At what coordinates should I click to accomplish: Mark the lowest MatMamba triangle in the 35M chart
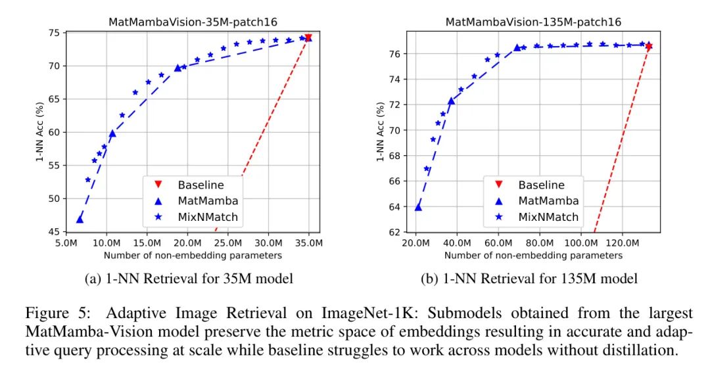pyautogui.click(x=80, y=220)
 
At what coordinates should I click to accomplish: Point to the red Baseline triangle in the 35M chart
pyautogui.click(x=308, y=37)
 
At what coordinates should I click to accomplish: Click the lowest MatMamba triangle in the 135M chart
pyautogui.click(x=418, y=207)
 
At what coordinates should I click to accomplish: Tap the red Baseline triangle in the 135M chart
pyautogui.click(x=648, y=46)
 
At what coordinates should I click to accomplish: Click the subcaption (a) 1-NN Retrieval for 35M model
pyautogui.click(x=189, y=279)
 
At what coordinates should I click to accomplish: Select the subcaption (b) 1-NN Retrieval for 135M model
pyautogui.click(x=529, y=279)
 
